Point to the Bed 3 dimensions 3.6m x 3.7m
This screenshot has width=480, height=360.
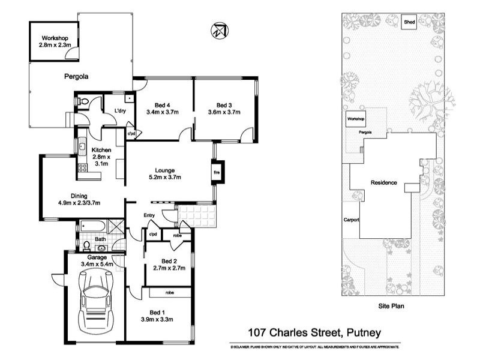(x=224, y=112)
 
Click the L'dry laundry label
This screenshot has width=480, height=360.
(x=119, y=111)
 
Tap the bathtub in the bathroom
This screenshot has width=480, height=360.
(x=94, y=227)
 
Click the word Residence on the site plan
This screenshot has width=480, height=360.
(x=383, y=182)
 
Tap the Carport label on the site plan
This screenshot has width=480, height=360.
(x=351, y=220)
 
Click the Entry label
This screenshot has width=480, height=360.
(x=150, y=215)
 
